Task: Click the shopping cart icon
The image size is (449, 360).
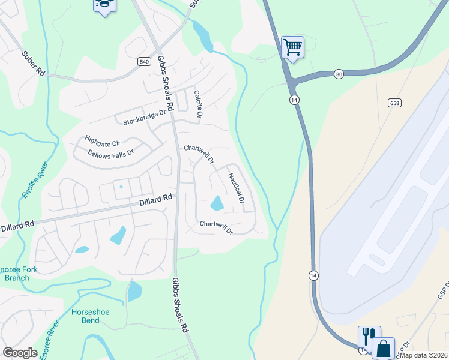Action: point(292,46)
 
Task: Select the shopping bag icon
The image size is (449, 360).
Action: point(382,347)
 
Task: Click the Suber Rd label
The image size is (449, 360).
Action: point(34,63)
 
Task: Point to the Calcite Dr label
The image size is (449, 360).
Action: point(197,104)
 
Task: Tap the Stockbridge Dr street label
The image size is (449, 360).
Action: point(144,118)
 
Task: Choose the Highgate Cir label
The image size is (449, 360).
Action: point(103,140)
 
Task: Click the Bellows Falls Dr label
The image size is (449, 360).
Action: point(110,153)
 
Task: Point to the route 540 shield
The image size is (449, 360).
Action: point(143,61)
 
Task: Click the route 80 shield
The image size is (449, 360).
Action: point(339,74)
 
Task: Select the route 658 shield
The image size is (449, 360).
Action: point(394,103)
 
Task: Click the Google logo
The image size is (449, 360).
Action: point(20,353)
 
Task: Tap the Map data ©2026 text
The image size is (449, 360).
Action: point(423,355)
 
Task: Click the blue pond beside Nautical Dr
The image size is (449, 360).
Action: point(217,203)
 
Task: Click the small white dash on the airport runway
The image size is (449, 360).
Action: point(376,260)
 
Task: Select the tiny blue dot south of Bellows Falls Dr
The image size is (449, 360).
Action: point(121,186)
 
